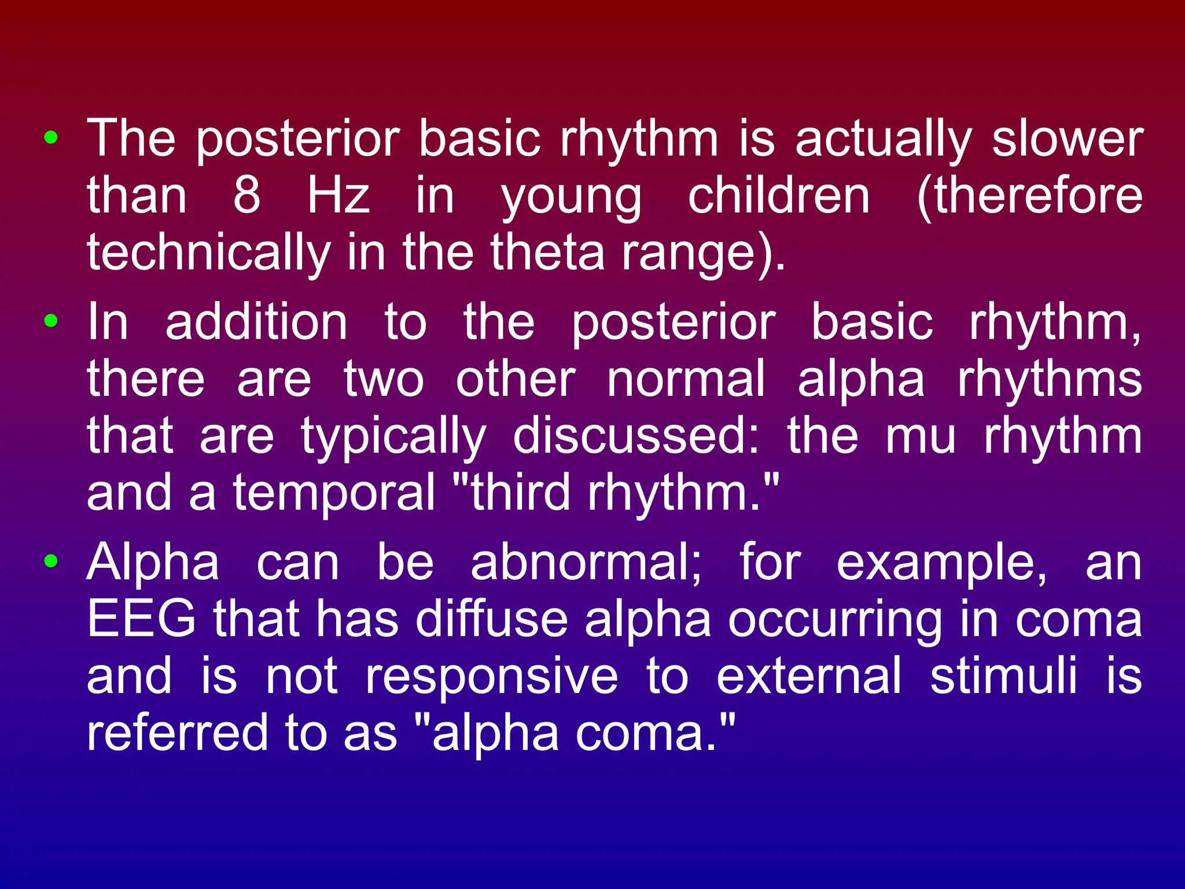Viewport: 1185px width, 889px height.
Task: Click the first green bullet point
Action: (x=51, y=138)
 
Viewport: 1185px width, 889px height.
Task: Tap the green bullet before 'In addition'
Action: (x=51, y=321)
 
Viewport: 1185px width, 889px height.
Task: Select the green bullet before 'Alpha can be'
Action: (x=51, y=561)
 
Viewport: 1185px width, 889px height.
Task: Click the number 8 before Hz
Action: (x=246, y=196)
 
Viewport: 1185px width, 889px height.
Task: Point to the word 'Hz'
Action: (x=338, y=196)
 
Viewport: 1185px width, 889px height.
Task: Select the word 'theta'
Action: (x=547, y=253)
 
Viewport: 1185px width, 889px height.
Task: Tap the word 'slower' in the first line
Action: (x=1067, y=139)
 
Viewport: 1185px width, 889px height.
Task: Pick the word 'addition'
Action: (x=256, y=322)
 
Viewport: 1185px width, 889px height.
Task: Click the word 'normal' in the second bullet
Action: (x=686, y=379)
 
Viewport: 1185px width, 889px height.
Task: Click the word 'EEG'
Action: (x=141, y=619)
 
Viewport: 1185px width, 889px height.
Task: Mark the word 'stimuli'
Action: (x=1003, y=676)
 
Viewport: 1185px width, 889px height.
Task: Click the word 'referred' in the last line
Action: (x=177, y=733)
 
